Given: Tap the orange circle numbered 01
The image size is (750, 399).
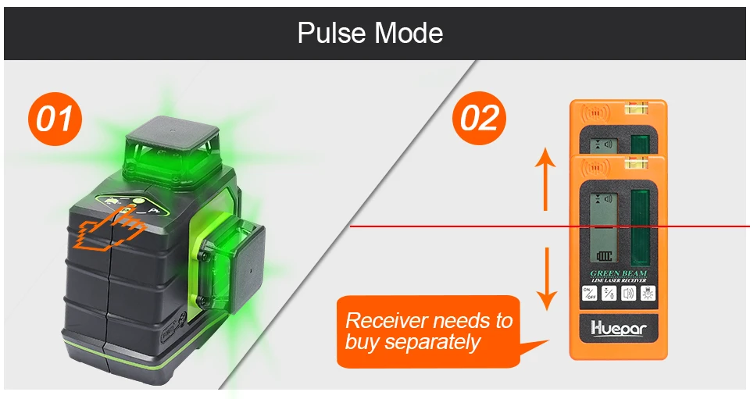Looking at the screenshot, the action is tap(55, 119).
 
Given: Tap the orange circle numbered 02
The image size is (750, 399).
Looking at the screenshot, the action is tap(479, 119).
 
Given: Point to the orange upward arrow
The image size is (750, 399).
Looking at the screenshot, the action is tap(546, 180).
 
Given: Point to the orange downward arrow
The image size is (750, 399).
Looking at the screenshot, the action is tap(546, 278).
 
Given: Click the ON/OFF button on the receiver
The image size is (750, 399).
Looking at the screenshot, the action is tap(588, 294).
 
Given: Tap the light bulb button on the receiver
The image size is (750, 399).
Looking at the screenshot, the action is tap(648, 294).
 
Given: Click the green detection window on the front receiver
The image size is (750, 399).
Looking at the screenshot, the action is tap(642, 226).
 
